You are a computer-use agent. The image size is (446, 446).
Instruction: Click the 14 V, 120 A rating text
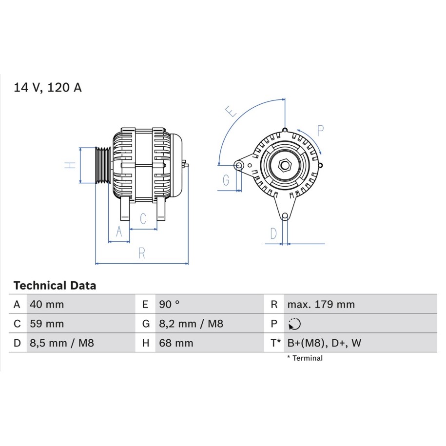click(47, 87)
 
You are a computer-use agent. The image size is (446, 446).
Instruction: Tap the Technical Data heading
click(55, 285)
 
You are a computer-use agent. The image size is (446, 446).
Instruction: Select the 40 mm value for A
click(47, 304)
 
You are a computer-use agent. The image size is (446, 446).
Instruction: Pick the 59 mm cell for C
click(47, 324)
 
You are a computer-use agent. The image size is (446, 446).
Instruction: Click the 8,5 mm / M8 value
click(62, 343)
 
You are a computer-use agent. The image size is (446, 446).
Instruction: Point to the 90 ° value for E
click(169, 304)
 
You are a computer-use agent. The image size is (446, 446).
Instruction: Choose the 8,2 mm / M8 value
click(191, 324)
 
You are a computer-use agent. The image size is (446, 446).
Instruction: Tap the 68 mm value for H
click(176, 343)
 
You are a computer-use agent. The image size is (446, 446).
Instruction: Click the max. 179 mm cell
click(321, 304)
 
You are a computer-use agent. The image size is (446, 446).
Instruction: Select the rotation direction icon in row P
click(294, 324)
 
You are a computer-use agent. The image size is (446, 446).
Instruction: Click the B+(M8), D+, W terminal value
click(324, 343)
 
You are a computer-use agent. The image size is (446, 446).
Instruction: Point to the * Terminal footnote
click(305, 358)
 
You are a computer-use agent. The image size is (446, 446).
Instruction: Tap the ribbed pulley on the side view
click(103, 165)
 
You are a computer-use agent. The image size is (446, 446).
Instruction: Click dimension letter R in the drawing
click(142, 253)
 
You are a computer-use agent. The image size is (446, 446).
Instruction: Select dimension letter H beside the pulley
click(70, 165)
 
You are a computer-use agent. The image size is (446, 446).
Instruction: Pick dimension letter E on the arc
click(231, 111)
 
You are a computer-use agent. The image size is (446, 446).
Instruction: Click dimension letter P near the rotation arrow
click(320, 131)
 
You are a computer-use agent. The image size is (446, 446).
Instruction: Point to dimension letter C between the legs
click(143, 218)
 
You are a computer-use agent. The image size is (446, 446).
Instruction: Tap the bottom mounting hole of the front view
click(285, 216)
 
